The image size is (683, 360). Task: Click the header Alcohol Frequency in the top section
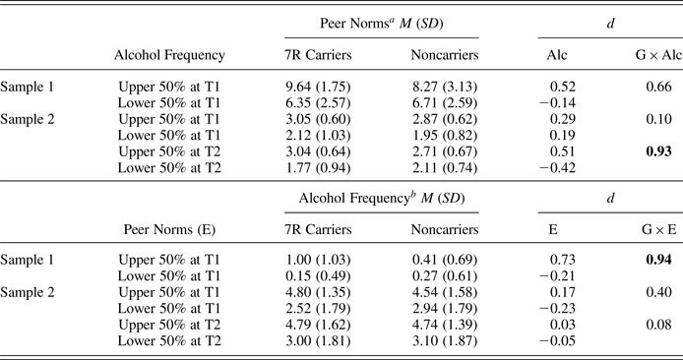click(169, 56)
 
